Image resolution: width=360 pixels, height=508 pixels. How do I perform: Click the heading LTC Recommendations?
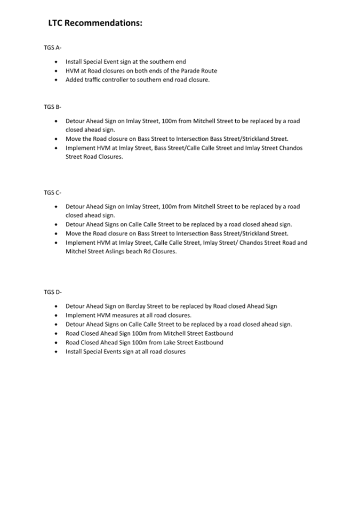(x=95, y=23)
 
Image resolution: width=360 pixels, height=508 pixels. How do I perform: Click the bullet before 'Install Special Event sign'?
(x=57, y=62)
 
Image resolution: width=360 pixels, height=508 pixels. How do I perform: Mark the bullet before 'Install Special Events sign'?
(x=57, y=352)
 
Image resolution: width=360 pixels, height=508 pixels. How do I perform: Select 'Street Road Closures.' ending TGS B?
(x=94, y=157)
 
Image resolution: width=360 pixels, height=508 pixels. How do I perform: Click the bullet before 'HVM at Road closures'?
(x=57, y=71)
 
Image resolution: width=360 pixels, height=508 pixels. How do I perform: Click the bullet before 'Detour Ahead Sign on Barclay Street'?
(x=57, y=307)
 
